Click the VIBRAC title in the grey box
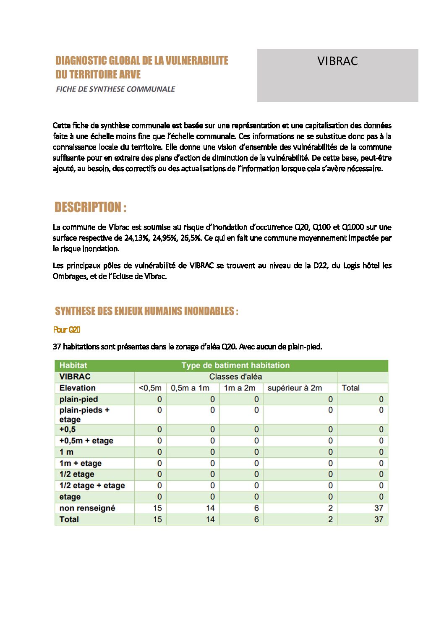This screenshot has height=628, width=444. tap(337, 61)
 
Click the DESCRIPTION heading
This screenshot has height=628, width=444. tap(90, 207)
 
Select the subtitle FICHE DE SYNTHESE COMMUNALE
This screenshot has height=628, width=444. tap(115, 89)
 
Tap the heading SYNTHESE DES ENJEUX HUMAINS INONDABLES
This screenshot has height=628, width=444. tap(146, 311)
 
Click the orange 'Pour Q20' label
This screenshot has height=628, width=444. tap(67, 330)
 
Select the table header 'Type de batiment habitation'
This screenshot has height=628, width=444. tap(235, 365)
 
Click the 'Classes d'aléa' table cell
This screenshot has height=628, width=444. tap(235, 377)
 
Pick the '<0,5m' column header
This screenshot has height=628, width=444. tap(150, 388)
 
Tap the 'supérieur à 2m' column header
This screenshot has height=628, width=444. tap(295, 388)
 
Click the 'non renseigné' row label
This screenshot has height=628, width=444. tap(87, 508)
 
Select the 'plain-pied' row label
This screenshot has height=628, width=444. tap(78, 399)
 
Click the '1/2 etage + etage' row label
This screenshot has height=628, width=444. tap(92, 486)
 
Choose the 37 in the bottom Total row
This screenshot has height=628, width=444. tap(379, 519)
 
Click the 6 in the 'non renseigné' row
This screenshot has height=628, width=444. tap(256, 508)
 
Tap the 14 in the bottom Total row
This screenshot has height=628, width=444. tap(210, 519)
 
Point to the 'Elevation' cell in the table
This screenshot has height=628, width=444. tap(78, 388)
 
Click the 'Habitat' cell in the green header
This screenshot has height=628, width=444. tap(73, 365)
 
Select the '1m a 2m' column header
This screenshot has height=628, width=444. tap(239, 388)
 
